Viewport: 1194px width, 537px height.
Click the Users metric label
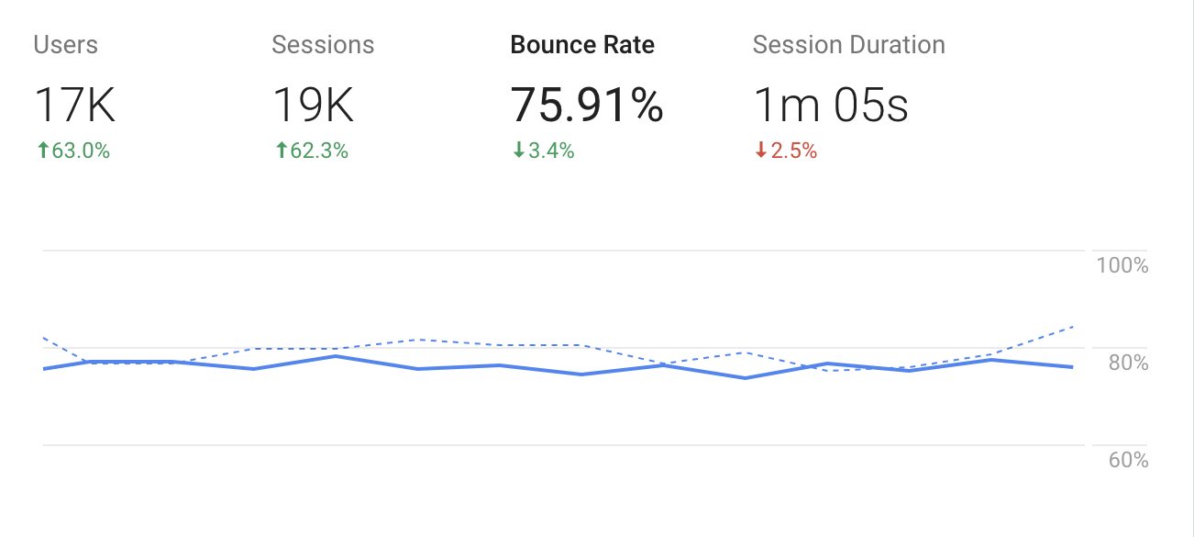(65, 45)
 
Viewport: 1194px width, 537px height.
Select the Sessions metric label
(323, 45)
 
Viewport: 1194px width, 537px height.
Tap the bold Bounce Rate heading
(582, 45)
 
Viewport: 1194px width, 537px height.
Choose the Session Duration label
(848, 45)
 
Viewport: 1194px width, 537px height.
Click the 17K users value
(75, 106)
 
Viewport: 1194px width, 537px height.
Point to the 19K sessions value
(314, 106)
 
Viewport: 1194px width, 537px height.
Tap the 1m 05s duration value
(831, 106)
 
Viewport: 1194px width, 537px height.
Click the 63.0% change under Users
(81, 151)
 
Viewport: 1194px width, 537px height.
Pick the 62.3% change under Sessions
(319, 151)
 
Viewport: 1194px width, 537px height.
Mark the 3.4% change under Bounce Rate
(551, 151)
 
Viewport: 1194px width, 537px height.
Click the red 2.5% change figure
(793, 151)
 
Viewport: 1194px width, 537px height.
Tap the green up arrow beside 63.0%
(41, 151)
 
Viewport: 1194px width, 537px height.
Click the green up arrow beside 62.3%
(281, 151)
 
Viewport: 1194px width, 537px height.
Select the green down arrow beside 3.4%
(518, 151)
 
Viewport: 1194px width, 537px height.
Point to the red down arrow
(760, 151)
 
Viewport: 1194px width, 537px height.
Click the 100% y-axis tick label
(1122, 266)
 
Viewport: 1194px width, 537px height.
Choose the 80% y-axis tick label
(1128, 363)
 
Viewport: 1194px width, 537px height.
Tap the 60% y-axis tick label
(1128, 460)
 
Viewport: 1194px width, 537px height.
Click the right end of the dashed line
(1072, 327)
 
